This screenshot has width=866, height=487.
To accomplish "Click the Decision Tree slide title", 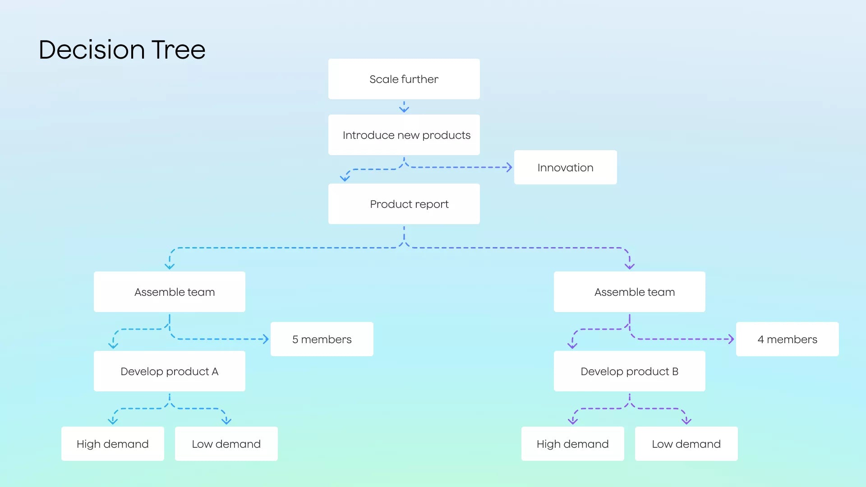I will [x=122, y=50].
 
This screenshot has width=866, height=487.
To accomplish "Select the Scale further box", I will [x=404, y=79].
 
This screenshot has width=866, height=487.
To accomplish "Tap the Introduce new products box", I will [x=404, y=135].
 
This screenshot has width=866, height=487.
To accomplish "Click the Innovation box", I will [x=565, y=167].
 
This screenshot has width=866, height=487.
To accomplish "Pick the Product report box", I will [x=404, y=204].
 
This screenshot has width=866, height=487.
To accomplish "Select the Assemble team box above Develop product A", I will [x=169, y=292].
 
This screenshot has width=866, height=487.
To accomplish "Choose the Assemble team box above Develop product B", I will [x=629, y=292].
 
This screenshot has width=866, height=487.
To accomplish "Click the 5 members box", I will [x=322, y=339].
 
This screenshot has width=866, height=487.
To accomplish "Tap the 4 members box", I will [x=787, y=339].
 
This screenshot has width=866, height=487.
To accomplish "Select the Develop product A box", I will [x=169, y=371].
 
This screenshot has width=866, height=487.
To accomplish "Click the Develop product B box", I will [x=629, y=371].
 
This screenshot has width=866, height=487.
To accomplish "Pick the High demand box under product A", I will [x=112, y=444].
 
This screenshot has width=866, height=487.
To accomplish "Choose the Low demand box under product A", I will [x=226, y=444].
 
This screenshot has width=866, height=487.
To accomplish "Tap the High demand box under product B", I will [x=572, y=444].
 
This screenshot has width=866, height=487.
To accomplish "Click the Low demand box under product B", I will [x=686, y=444].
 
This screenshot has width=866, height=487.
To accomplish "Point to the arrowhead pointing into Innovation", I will [x=510, y=167].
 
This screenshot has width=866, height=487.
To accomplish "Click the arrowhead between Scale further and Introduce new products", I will [x=404, y=109].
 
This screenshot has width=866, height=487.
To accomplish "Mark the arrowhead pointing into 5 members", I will [x=266, y=339].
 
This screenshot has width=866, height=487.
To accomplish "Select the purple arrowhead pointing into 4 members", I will [x=732, y=339].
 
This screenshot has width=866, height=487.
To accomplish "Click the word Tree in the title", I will [x=179, y=50].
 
